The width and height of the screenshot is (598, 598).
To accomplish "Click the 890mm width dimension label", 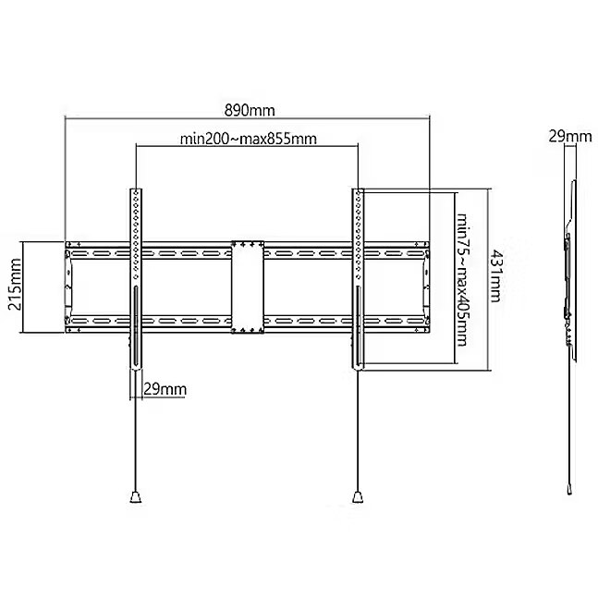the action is (x=250, y=110).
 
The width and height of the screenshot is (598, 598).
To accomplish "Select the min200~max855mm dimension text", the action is (x=249, y=139).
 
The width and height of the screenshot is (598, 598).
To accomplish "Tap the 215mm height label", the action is (x=16, y=284).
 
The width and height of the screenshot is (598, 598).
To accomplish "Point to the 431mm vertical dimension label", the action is (x=494, y=275).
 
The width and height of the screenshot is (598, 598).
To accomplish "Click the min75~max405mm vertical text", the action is (x=462, y=279).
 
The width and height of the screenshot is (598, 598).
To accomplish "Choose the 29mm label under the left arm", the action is (x=165, y=389).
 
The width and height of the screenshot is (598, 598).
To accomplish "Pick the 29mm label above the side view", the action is (x=570, y=136).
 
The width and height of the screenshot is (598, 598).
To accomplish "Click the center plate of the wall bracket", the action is (x=248, y=287).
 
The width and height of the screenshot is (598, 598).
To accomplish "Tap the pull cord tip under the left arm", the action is (x=135, y=497).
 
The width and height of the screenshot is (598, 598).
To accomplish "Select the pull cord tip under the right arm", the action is (x=358, y=497).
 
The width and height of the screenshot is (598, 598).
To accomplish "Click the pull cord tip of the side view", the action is (x=569, y=489).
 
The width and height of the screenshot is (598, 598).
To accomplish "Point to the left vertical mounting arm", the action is (x=136, y=279).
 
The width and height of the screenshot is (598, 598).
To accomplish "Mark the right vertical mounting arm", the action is (x=358, y=279).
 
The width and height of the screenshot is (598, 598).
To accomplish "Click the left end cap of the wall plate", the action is (x=67, y=287).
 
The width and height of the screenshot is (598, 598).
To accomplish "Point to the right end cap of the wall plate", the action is (x=426, y=287).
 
